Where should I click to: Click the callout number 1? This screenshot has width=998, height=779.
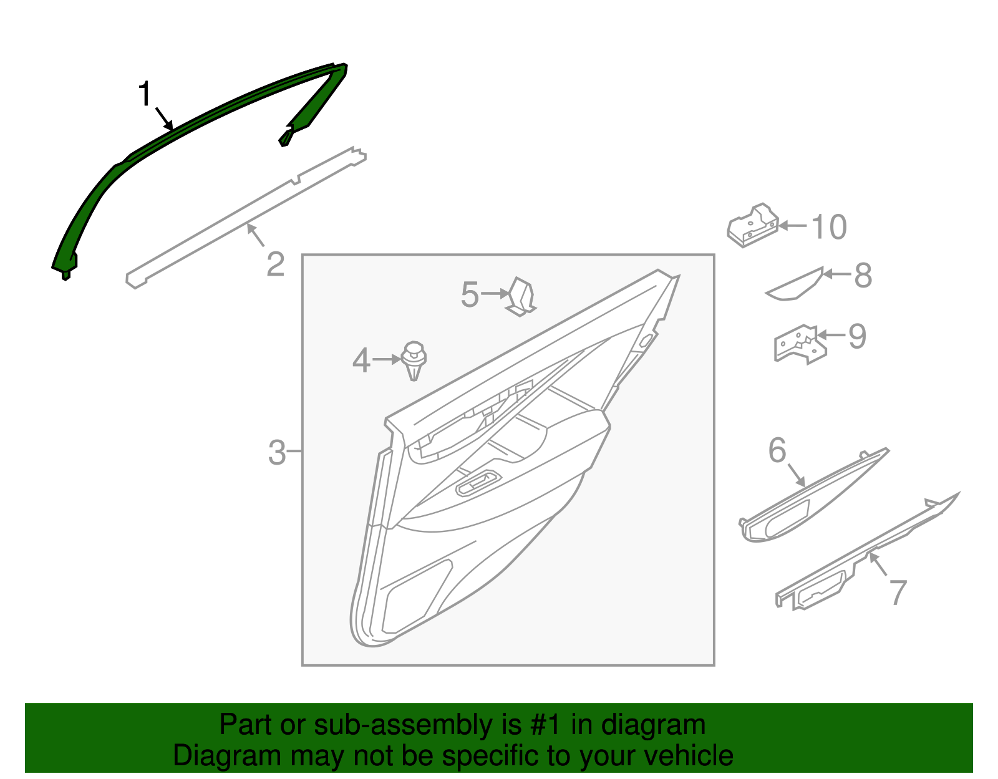point(145,95)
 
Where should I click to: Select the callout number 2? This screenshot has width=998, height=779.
point(275,264)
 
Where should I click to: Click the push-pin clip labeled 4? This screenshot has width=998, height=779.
point(414,360)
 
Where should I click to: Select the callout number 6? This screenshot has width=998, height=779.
point(777,450)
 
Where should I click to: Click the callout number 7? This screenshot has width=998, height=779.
point(897,593)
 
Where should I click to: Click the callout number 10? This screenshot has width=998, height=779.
point(829,227)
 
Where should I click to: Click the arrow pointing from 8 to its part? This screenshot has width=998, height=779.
point(836,273)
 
